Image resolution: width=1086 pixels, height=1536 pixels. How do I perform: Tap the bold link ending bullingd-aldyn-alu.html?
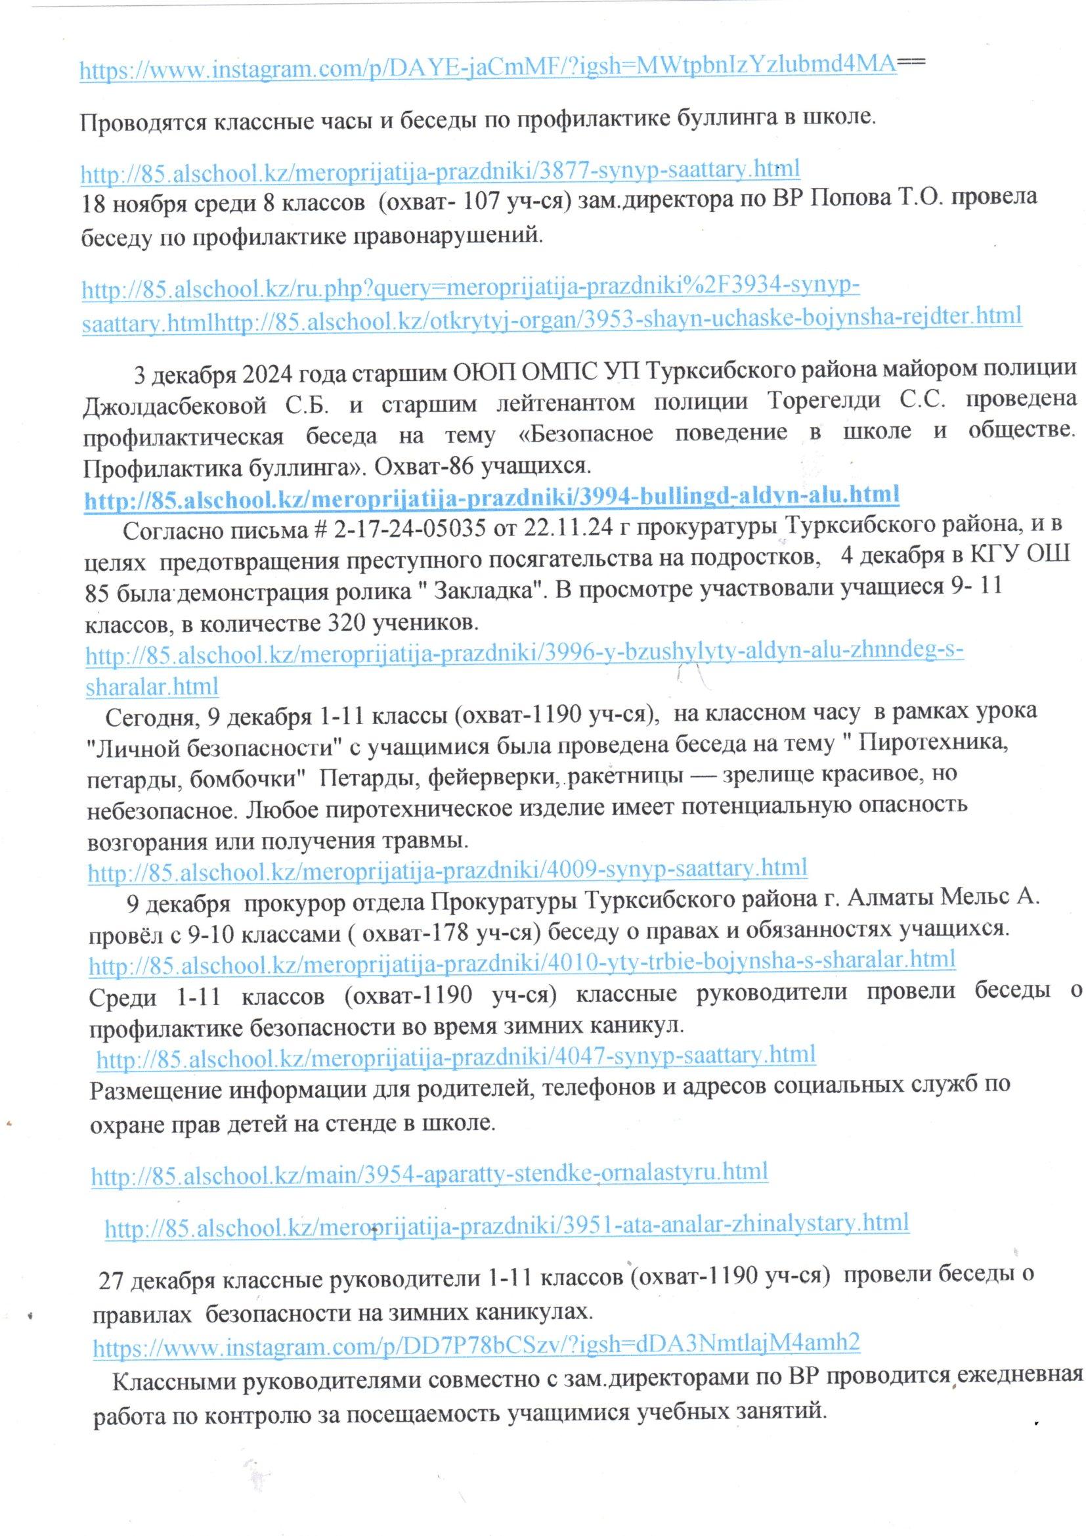pyautogui.click(x=492, y=496)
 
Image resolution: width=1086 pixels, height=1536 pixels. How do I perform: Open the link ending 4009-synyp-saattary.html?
pyautogui.click(x=447, y=869)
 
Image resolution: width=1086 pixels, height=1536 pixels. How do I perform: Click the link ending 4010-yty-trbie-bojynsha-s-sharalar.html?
pyautogui.click(x=521, y=961)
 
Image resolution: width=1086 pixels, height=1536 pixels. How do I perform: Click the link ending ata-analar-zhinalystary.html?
pyautogui.click(x=507, y=1223)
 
